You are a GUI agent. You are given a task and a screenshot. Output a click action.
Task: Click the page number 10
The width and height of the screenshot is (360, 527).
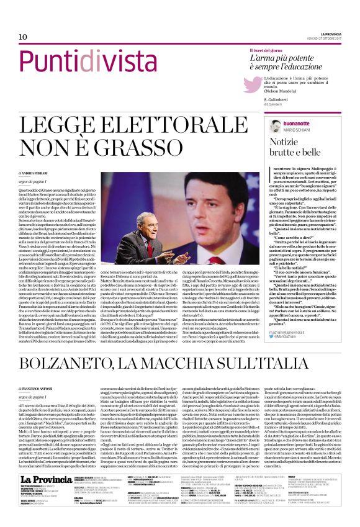[x=22, y=37]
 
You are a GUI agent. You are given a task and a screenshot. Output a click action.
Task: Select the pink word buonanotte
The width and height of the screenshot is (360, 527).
[x=277, y=123]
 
